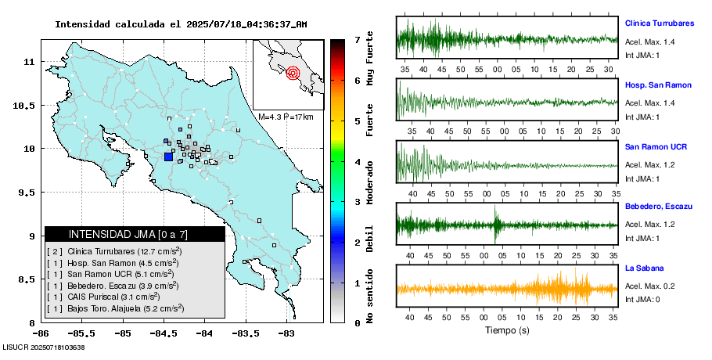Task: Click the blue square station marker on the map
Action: click(x=168, y=157)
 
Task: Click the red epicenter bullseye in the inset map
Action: click(x=293, y=74)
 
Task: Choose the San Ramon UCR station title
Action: click(x=656, y=146)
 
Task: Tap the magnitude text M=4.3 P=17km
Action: click(x=286, y=117)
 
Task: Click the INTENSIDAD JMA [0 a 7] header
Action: click(x=135, y=234)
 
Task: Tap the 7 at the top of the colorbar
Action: click(x=357, y=39)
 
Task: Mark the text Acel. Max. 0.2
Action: click(x=649, y=286)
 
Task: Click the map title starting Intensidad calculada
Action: click(x=181, y=23)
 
